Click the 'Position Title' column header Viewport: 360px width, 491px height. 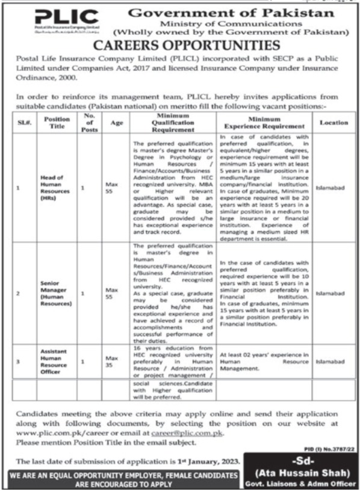pyautogui.click(x=57, y=123)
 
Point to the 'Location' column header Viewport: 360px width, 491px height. pyautogui.click(x=334, y=123)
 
